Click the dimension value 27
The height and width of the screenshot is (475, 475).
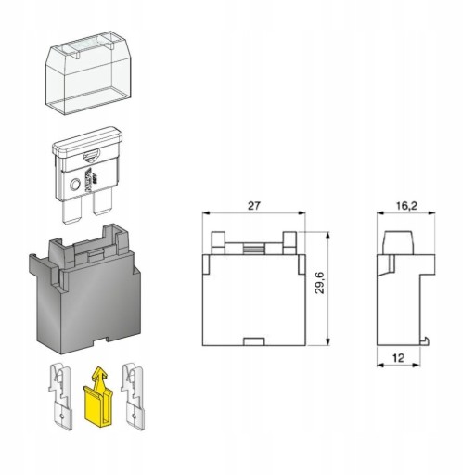pyautogui.click(x=254, y=206)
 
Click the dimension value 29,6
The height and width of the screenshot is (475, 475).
pyautogui.click(x=320, y=283)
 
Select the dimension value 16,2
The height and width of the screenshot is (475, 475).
pyautogui.click(x=406, y=206)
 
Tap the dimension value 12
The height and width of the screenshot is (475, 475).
pyautogui.click(x=398, y=358)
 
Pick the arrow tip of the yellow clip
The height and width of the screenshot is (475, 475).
pyautogui.click(x=99, y=368)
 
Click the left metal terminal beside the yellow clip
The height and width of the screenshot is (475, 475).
pyautogui.click(x=61, y=397)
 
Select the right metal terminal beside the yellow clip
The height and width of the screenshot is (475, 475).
pyautogui.click(x=133, y=397)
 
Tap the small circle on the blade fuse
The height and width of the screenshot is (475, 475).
pyautogui.click(x=75, y=186)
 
